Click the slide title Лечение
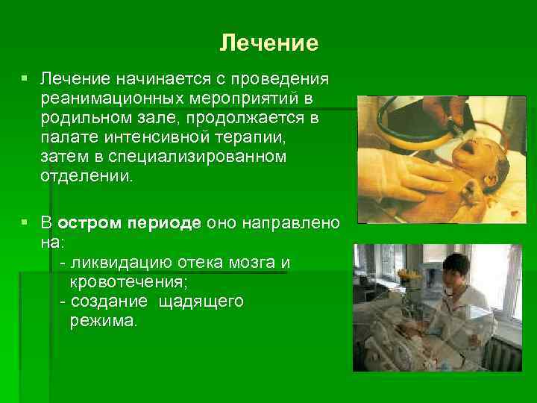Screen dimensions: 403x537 click(268, 43)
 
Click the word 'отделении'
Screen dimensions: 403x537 click(86, 176)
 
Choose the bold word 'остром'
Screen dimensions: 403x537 click(89, 224)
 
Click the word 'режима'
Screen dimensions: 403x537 click(103, 321)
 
